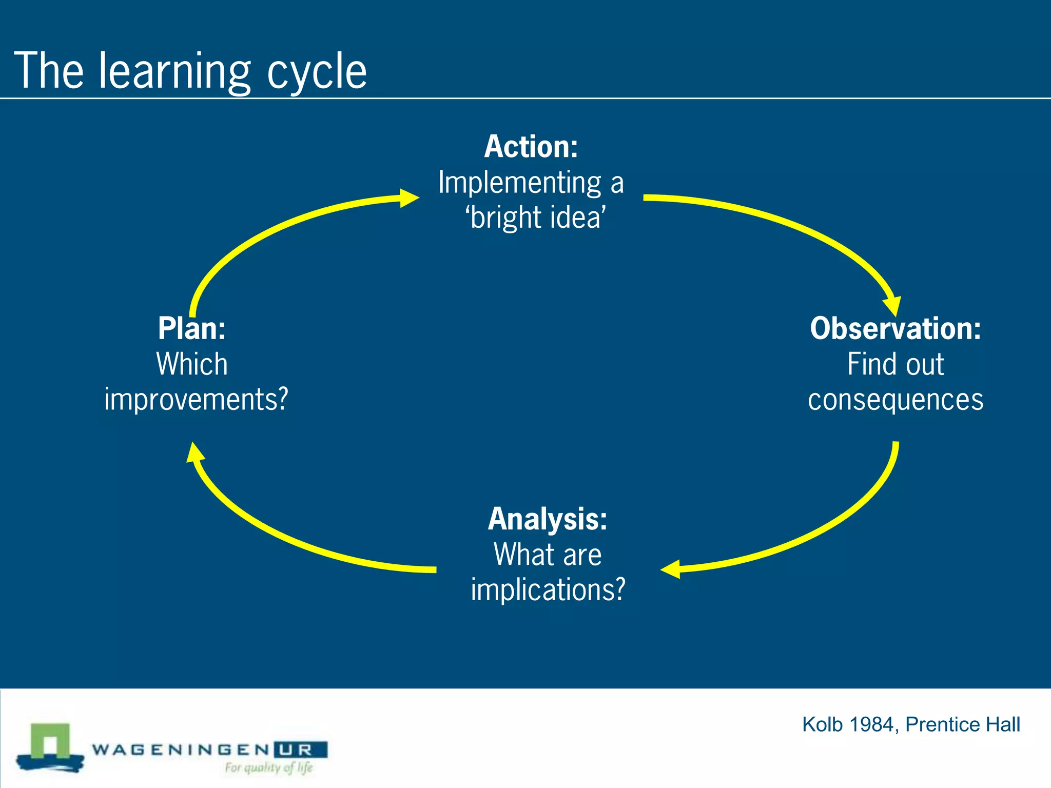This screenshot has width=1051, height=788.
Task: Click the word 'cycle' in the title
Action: pyautogui.click(x=317, y=72)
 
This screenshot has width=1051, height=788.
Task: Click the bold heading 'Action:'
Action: pyautogui.click(x=531, y=147)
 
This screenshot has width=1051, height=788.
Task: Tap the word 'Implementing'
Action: pyautogui.click(x=519, y=183)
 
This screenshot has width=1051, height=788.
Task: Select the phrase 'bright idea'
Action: pyautogui.click(x=536, y=218)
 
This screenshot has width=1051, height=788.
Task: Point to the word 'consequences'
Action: pyautogui.click(x=896, y=400)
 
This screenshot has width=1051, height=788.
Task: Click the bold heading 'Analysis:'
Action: pyautogui.click(x=548, y=519)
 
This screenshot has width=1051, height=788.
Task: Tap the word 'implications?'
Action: pyautogui.click(x=548, y=589)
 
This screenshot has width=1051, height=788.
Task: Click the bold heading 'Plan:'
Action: pyautogui.click(x=191, y=328)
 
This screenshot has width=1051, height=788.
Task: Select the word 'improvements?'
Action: pyautogui.click(x=196, y=400)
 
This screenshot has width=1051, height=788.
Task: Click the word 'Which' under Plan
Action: pyautogui.click(x=191, y=364)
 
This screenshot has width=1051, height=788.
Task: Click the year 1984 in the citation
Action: pyautogui.click(x=872, y=724)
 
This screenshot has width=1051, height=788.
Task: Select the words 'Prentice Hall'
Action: pyautogui.click(x=963, y=724)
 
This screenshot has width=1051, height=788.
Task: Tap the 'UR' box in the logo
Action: pyautogui.click(x=301, y=750)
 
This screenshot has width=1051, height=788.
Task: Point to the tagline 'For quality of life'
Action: pyautogui.click(x=268, y=767)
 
